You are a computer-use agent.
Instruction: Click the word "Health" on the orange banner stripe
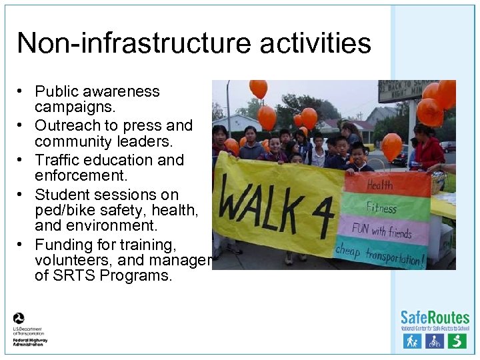[379, 185]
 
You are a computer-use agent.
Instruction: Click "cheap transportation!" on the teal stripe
[379, 255]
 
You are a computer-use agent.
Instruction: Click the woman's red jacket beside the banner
[428, 153]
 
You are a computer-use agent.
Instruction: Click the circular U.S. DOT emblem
[19, 319]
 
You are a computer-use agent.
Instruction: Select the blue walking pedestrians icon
[412, 341]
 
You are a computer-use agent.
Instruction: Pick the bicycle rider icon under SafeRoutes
[435, 341]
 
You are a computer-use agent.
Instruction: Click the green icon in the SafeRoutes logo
[457, 341]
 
